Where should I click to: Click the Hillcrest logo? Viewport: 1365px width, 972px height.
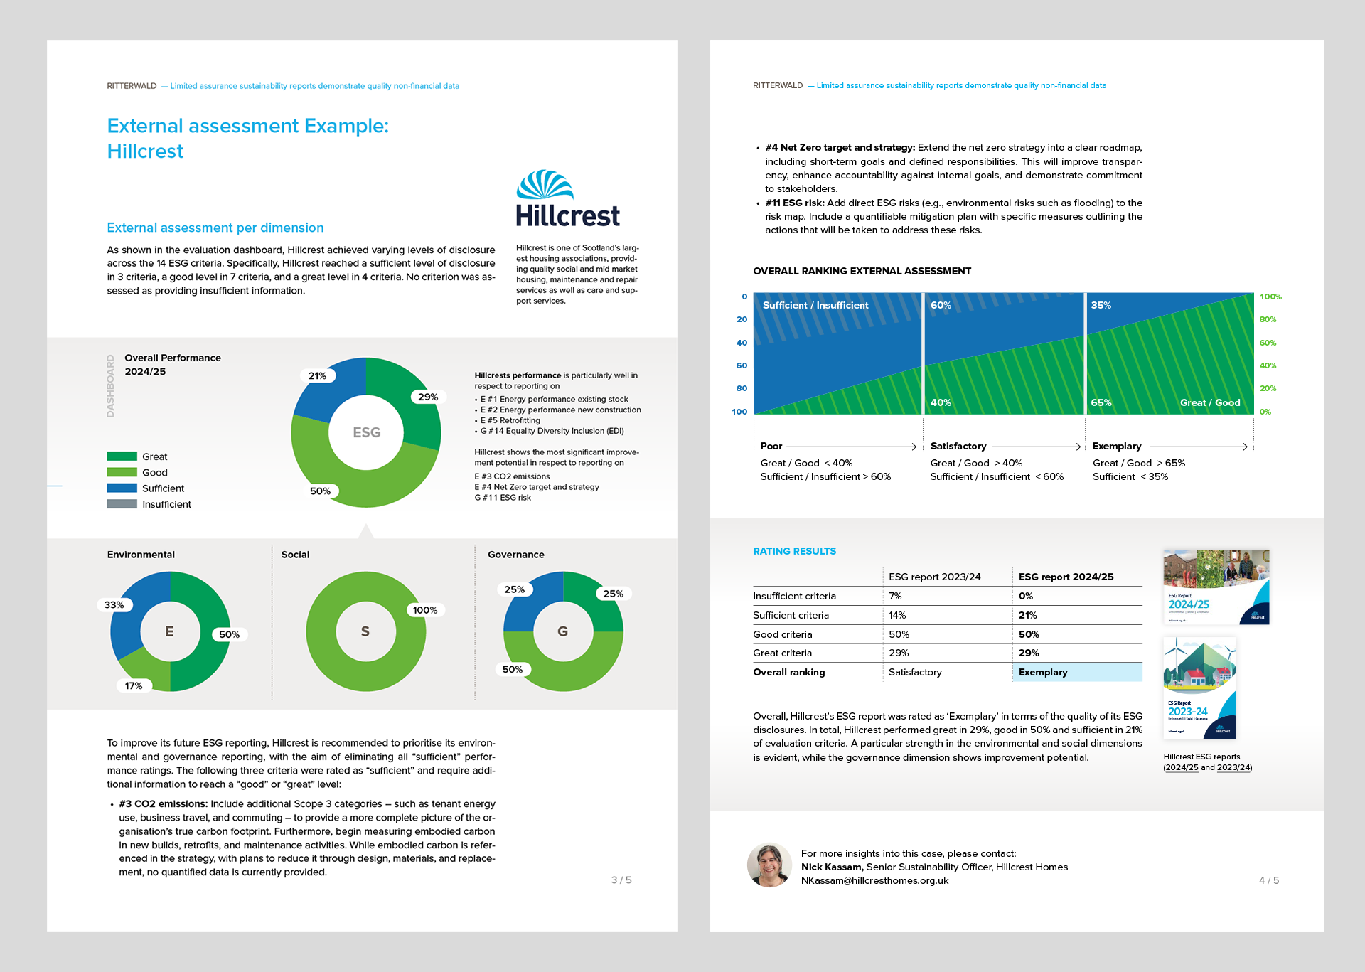pyautogui.click(x=567, y=199)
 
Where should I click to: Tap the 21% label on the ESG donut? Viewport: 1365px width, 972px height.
pyautogui.click(x=317, y=375)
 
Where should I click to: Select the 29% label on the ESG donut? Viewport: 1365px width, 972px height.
pyautogui.click(x=427, y=397)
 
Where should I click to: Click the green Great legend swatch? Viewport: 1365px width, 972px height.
pyautogui.click(x=122, y=456)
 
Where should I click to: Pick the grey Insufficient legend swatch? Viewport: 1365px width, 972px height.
pyautogui.click(x=122, y=504)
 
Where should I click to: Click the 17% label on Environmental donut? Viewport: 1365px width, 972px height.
pyautogui.click(x=134, y=685)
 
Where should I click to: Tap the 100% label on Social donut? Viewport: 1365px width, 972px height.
pyautogui.click(x=424, y=610)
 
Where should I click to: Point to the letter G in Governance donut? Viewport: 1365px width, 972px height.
pyautogui.click(x=562, y=631)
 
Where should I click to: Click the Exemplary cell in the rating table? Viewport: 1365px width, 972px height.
pyautogui.click(x=1043, y=672)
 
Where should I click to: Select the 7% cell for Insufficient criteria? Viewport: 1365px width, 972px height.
pyautogui.click(x=895, y=596)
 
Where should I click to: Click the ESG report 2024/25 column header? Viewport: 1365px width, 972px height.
pyautogui.click(x=1066, y=577)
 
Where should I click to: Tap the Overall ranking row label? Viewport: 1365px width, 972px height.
pyautogui.click(x=789, y=672)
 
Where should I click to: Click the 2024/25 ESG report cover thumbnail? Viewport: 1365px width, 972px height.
pyautogui.click(x=1216, y=587)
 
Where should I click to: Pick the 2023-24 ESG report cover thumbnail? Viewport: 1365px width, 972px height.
pyautogui.click(x=1199, y=688)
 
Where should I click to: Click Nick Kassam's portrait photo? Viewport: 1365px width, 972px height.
pyautogui.click(x=769, y=865)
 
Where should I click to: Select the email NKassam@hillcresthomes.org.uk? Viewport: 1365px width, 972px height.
pyautogui.click(x=874, y=880)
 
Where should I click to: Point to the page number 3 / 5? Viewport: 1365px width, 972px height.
pyautogui.click(x=621, y=880)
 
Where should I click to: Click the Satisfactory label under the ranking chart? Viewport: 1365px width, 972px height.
pyautogui.click(x=958, y=446)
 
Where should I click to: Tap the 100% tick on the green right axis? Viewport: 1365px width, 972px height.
pyautogui.click(x=1270, y=297)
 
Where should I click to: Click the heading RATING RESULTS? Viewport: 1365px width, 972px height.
pyautogui.click(x=794, y=551)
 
